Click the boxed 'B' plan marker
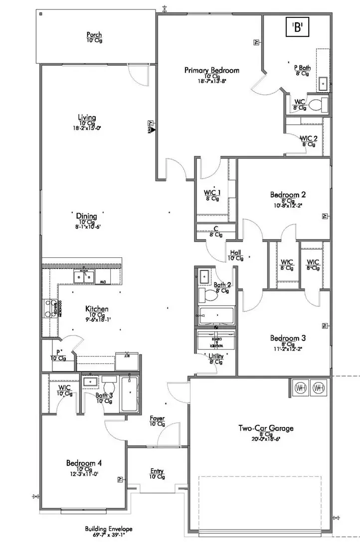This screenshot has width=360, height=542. click(x=298, y=28)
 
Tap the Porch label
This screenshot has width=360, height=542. click(x=94, y=35)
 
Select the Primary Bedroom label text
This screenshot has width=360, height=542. click(x=211, y=70)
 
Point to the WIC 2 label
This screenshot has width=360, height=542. click(x=308, y=138)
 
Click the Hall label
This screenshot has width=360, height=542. click(x=235, y=252)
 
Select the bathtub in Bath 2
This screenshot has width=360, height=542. click(x=216, y=316)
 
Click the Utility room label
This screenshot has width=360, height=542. click(x=216, y=357)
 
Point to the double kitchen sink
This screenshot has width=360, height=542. click(x=84, y=276)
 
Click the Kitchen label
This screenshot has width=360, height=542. click(x=97, y=309)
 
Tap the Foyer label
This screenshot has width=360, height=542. click(x=157, y=418)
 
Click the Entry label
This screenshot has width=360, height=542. click(x=157, y=471)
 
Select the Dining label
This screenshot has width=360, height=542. click(x=86, y=216)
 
